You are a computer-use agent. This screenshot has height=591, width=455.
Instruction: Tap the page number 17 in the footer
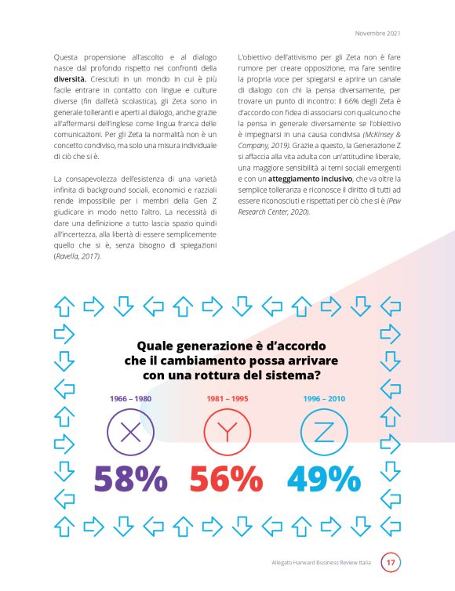[x=391, y=562]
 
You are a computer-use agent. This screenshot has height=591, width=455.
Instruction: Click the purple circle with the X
[x=131, y=432]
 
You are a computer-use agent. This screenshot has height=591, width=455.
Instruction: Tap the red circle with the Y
[x=227, y=432]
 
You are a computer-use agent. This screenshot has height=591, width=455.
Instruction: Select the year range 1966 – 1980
[x=130, y=398]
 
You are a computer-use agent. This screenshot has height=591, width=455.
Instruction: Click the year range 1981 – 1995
[x=227, y=398]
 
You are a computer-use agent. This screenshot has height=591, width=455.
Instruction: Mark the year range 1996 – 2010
[x=324, y=398]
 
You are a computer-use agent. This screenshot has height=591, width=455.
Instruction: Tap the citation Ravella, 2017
[x=78, y=256]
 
